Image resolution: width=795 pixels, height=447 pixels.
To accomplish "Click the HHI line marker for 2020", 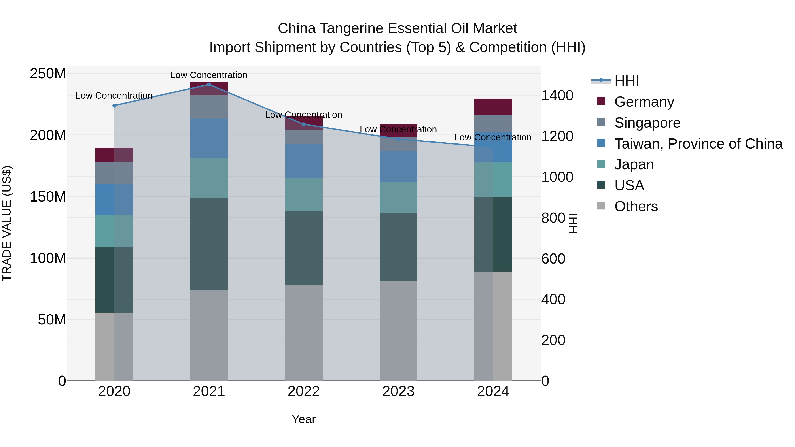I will coord(114,106).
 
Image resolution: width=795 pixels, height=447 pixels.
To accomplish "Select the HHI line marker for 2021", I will coord(209,84).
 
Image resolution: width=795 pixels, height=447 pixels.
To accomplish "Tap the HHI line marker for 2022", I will coord(304,124).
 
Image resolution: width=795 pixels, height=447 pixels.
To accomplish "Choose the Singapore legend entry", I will coord(647,123).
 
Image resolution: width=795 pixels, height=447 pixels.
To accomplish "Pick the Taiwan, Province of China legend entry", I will coord(698,143).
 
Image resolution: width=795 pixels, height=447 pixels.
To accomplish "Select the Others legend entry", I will coord(636,206).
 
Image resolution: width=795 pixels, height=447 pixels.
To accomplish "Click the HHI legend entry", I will coord(626,81).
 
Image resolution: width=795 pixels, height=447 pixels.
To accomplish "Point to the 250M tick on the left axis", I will coord(48,74).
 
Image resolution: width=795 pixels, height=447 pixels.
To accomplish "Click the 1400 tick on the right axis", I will coord(557,95).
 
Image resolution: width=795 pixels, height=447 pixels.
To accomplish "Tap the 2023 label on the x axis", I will coord(398,391).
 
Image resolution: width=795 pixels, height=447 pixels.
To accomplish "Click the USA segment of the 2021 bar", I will coord(209,244).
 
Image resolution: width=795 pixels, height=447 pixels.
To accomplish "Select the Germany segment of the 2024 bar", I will coord(493,107).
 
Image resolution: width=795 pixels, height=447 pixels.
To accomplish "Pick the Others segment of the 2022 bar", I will coord(304,333).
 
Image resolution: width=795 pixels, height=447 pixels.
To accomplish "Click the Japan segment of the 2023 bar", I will coord(398,197).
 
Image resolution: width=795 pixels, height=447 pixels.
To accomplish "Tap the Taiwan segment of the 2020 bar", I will coord(114,199).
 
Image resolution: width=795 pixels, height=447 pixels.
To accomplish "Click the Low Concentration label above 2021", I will coord(209,75).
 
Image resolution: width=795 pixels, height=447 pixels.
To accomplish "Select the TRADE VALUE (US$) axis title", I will coord(7,223).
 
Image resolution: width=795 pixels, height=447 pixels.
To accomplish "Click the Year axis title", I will coord(304,419).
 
